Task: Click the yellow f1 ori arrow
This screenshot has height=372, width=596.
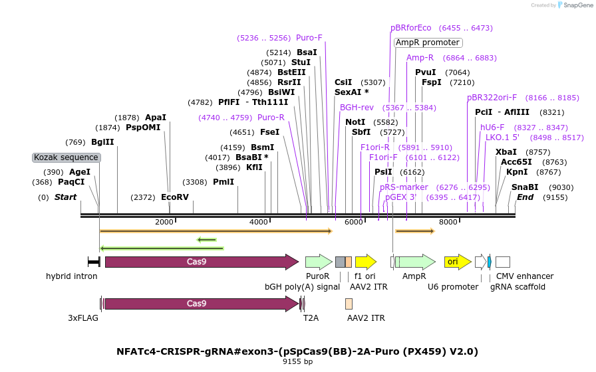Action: pyautogui.click(x=366, y=262)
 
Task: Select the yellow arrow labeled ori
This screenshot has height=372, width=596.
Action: pyautogui.click(x=458, y=262)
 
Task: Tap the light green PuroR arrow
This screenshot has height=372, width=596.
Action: pyautogui.click(x=319, y=262)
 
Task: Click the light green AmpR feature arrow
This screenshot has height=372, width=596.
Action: pyautogui.click(x=416, y=262)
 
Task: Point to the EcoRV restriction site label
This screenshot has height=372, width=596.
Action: pyautogui.click(x=175, y=197)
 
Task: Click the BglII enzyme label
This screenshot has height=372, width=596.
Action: pyautogui.click(x=102, y=142)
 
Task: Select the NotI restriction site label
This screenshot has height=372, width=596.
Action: pyautogui.click(x=355, y=122)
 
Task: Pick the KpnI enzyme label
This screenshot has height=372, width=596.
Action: pyautogui.click(x=517, y=172)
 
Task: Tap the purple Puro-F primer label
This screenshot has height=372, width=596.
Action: pyautogui.click(x=309, y=38)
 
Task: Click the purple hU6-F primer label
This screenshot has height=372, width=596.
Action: pyautogui.click(x=492, y=128)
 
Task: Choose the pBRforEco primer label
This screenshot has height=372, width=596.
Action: pyautogui.click(x=411, y=28)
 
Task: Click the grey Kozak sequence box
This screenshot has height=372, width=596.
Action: pyautogui.click(x=66, y=157)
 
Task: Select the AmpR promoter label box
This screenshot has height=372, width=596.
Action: pyautogui.click(x=428, y=43)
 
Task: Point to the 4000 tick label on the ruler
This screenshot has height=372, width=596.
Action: pyautogui.click(x=259, y=222)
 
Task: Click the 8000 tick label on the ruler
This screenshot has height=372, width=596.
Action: pyautogui.click(x=448, y=222)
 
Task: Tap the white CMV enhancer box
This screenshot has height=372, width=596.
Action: pyautogui.click(x=503, y=262)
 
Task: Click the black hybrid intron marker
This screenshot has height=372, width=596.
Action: pyautogui.click(x=94, y=262)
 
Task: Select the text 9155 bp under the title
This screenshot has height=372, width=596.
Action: pyautogui.click(x=297, y=361)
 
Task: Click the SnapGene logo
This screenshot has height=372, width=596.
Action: pyautogui.click(x=575, y=5)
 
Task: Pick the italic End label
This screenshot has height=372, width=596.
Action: pyautogui.click(x=525, y=197)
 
